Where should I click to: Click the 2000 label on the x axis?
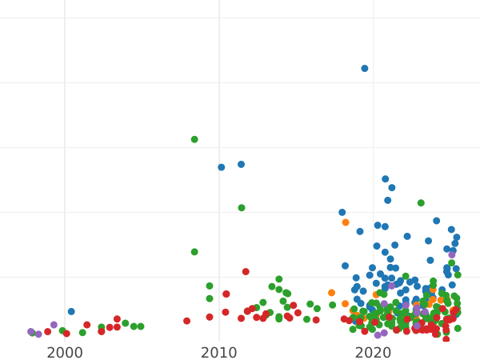pos(65,353)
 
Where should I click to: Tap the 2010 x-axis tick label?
pos(218,353)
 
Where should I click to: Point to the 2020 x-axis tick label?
pos(373,353)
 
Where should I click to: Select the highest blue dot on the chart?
pos(365,69)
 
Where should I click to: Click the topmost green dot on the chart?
pos(194,139)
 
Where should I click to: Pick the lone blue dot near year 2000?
pos(71,312)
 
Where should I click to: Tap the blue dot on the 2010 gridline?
pos(222,167)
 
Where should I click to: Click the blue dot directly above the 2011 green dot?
pos(241,165)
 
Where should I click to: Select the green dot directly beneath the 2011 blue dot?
pos(242,208)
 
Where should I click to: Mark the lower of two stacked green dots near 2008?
pos(194,252)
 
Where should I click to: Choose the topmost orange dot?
pos(346,222)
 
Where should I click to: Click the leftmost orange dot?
pos(331,293)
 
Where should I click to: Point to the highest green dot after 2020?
pos(421,203)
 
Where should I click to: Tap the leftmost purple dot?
pos(30,331)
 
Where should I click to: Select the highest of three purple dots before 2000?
pos(54,325)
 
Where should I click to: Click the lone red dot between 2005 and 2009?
pos(186,321)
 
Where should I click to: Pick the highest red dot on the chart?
pos(246,272)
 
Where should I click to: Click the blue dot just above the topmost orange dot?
pos(342,213)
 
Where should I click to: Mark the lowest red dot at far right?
pos(446,339)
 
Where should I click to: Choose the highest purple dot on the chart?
pos(452,254)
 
